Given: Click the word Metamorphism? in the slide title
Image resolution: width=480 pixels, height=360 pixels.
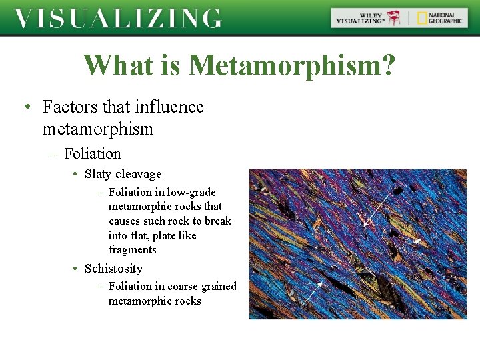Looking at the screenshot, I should point(292,65).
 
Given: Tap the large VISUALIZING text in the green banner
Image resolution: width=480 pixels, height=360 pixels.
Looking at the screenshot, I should point(118,18).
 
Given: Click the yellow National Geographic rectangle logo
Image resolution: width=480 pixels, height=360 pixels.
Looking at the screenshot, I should point(422,18).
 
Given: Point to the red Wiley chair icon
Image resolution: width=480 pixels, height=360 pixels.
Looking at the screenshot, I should point(395,18).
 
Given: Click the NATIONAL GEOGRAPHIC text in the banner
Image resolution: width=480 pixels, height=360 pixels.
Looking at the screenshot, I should point(445,18).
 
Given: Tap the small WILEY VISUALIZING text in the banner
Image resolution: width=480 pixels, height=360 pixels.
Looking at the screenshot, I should point(359,18).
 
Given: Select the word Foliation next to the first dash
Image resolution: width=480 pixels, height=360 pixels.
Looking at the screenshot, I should point(93,154).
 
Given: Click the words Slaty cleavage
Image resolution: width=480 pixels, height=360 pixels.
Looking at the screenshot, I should point(123,174).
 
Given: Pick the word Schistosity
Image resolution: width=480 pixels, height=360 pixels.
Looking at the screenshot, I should point(113,269).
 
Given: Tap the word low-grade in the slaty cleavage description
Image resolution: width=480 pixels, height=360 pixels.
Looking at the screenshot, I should point(191,193).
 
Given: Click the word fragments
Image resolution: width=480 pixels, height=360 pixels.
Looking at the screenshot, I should point(133,250).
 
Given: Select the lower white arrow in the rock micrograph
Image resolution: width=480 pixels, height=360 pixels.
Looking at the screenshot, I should point(312,293).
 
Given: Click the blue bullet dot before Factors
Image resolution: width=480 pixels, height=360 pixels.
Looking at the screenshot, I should point(25,107).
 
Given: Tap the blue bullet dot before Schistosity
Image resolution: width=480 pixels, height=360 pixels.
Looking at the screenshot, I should point(75,269).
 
